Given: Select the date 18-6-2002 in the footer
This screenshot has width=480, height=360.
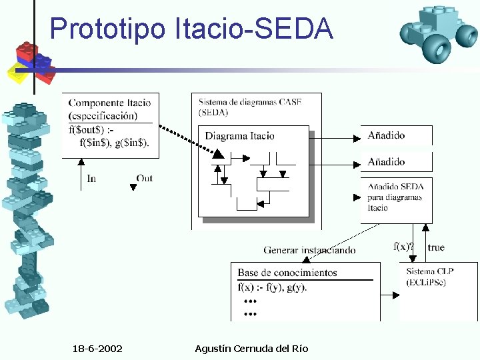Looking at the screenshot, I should tap(97, 349).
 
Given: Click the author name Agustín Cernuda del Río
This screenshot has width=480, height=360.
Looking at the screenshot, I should tap(251, 349).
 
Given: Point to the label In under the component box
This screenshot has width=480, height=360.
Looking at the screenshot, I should tap(91, 179).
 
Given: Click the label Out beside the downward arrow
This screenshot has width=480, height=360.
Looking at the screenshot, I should tap(145, 178).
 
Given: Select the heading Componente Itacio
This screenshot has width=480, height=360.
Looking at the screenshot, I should tap(109, 103).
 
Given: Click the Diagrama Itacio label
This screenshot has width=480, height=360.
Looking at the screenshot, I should tap(239, 136).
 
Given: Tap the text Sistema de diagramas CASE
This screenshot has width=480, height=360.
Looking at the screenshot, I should tap(249, 102).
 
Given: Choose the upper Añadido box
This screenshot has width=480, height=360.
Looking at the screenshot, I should tap(396, 135).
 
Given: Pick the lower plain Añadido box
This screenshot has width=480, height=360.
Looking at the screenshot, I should tap(396, 161).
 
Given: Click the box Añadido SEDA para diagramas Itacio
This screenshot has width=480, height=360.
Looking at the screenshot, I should tap(396, 198).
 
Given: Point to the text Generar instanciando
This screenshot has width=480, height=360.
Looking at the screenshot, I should tap(309, 250).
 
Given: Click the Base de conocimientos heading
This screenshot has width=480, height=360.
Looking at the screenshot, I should tap(287, 273).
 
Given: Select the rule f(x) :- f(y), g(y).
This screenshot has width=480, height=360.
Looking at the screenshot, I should tap(272, 287).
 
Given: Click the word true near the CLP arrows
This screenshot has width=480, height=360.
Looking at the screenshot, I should tap(436, 248).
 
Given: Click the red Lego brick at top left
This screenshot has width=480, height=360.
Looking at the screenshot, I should tap(28, 51).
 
